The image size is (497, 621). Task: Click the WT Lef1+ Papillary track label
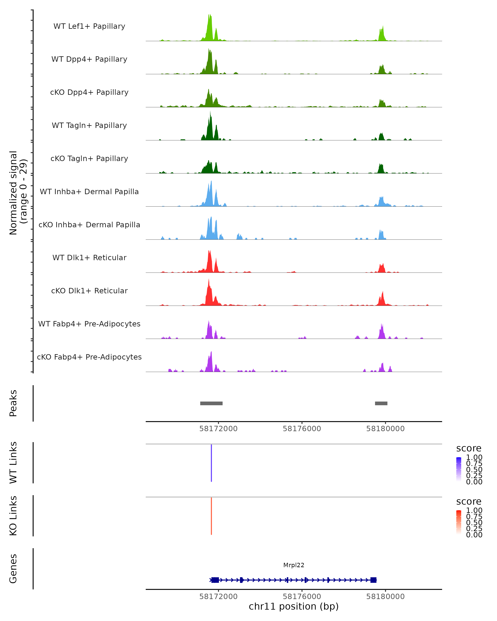click(89, 26)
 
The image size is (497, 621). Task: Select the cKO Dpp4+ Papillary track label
click(89, 92)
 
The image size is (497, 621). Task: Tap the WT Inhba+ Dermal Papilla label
click(89, 191)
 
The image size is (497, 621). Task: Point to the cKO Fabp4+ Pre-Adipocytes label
click(89, 357)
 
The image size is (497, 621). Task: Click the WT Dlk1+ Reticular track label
click(89, 258)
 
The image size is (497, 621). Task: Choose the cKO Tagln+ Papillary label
click(89, 158)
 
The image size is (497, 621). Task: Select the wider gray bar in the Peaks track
click(211, 403)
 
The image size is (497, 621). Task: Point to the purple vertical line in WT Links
click(211, 463)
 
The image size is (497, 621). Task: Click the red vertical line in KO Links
click(211, 516)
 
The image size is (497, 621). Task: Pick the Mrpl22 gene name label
click(294, 565)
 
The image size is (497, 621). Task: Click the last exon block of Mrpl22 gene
click(373, 580)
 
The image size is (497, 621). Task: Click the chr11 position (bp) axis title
click(294, 607)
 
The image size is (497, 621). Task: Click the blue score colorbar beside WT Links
click(459, 469)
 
